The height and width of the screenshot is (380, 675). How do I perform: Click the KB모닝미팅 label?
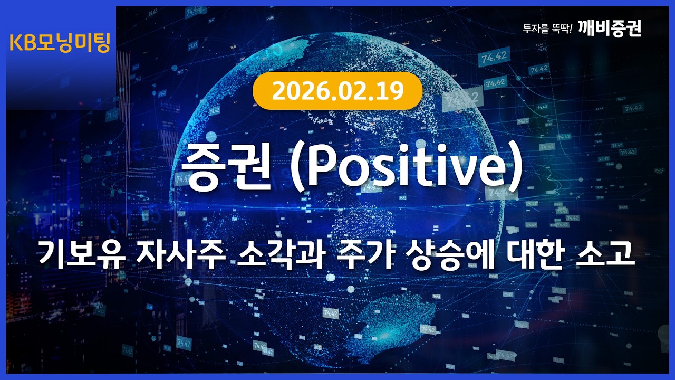pyautogui.click(x=60, y=43)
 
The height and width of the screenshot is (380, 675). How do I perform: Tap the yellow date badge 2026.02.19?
pyautogui.click(x=337, y=91)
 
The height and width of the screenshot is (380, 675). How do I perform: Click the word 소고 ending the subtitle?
pyautogui.click(x=603, y=255)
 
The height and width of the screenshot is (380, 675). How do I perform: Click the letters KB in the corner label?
pyautogui.click(x=22, y=43)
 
